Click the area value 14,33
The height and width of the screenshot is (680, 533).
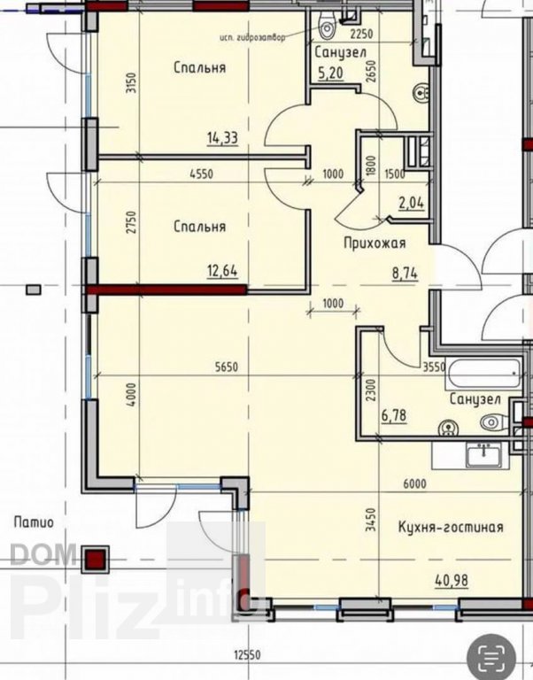pyautogui.click(x=222, y=138)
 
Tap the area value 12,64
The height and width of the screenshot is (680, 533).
pyautogui.click(x=222, y=272)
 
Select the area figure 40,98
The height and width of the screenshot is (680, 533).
pyautogui.click(x=452, y=580)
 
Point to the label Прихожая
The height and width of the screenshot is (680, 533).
pyautogui.click(x=375, y=243)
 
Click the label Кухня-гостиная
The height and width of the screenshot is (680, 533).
pyautogui.click(x=451, y=528)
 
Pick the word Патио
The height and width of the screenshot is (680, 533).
pyautogui.click(x=34, y=522)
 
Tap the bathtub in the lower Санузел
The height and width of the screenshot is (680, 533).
pyautogui.click(x=483, y=374)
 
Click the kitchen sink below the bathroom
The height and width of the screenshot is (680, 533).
pyautogui.click(x=483, y=455)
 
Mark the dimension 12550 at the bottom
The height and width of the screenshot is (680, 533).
pyautogui.click(x=248, y=654)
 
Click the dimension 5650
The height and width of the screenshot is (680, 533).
pyautogui.click(x=227, y=367)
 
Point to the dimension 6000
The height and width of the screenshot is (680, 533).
pyautogui.click(x=414, y=483)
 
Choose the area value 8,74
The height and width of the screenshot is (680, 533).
pyautogui.click(x=406, y=274)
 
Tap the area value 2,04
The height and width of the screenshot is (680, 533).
pyautogui.click(x=411, y=203)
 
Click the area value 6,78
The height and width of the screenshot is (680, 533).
pyautogui.click(x=394, y=415)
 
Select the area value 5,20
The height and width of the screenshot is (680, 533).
pyautogui.click(x=331, y=73)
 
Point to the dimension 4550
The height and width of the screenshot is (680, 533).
pyautogui.click(x=202, y=174)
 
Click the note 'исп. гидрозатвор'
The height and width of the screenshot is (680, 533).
pyautogui.click(x=253, y=37)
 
